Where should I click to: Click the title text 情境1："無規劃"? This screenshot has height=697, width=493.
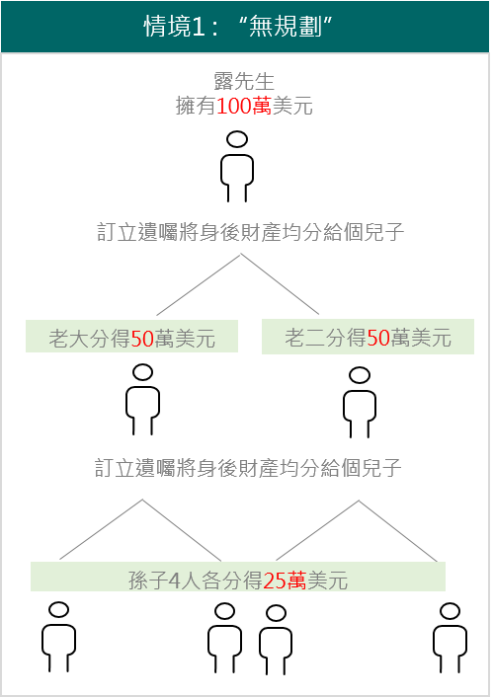(238, 27)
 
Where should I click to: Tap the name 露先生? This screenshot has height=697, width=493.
(244, 81)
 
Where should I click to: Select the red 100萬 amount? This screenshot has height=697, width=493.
(244, 107)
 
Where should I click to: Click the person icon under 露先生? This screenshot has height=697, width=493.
(237, 167)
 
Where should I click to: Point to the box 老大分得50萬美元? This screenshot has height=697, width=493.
(131, 337)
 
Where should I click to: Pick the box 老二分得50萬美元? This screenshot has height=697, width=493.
(368, 337)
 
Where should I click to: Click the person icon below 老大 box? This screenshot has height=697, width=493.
(143, 399)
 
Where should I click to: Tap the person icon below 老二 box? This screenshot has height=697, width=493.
(360, 402)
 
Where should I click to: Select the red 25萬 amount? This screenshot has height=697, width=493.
(285, 581)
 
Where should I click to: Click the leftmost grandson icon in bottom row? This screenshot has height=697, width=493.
(58, 637)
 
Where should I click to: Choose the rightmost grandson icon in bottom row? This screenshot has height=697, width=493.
(450, 638)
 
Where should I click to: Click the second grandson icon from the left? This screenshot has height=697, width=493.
(224, 638)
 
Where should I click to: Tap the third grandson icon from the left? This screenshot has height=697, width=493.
(276, 640)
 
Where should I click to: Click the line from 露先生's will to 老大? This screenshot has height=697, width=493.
(199, 285)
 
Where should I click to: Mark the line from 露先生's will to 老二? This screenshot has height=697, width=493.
(280, 284)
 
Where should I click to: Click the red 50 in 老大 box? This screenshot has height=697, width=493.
(142, 339)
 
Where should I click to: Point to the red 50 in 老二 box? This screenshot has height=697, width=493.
(378, 338)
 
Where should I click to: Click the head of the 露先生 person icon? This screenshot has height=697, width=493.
(237, 139)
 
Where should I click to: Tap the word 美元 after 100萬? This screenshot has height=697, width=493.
(292, 107)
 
